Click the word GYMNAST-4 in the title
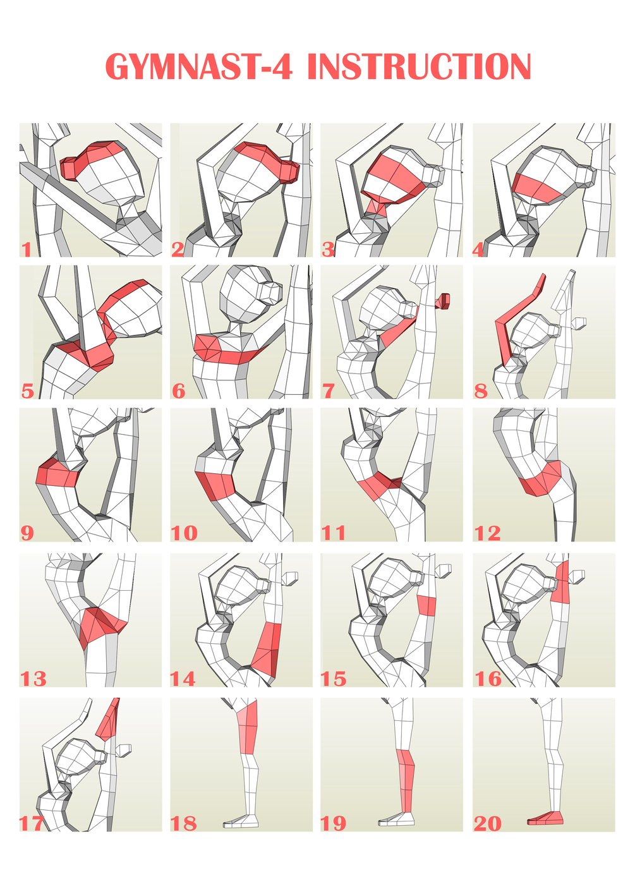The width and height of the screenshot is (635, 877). (199, 66)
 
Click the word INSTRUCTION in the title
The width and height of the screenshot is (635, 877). (420, 66)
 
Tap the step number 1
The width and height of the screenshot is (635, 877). (27, 250)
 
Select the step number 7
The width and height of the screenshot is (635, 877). (328, 390)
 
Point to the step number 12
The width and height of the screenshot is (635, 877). (487, 533)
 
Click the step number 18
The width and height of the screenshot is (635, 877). (183, 823)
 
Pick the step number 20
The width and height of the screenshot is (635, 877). (488, 823)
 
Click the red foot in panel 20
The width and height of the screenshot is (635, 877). (545, 818)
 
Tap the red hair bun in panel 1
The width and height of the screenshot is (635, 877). (71, 167)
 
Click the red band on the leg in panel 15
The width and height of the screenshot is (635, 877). (426, 606)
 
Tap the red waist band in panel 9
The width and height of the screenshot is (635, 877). (57, 474)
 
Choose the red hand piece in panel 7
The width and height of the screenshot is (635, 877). (444, 300)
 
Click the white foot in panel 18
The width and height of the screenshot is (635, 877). (241, 821)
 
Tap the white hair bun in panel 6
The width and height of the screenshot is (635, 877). (272, 293)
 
